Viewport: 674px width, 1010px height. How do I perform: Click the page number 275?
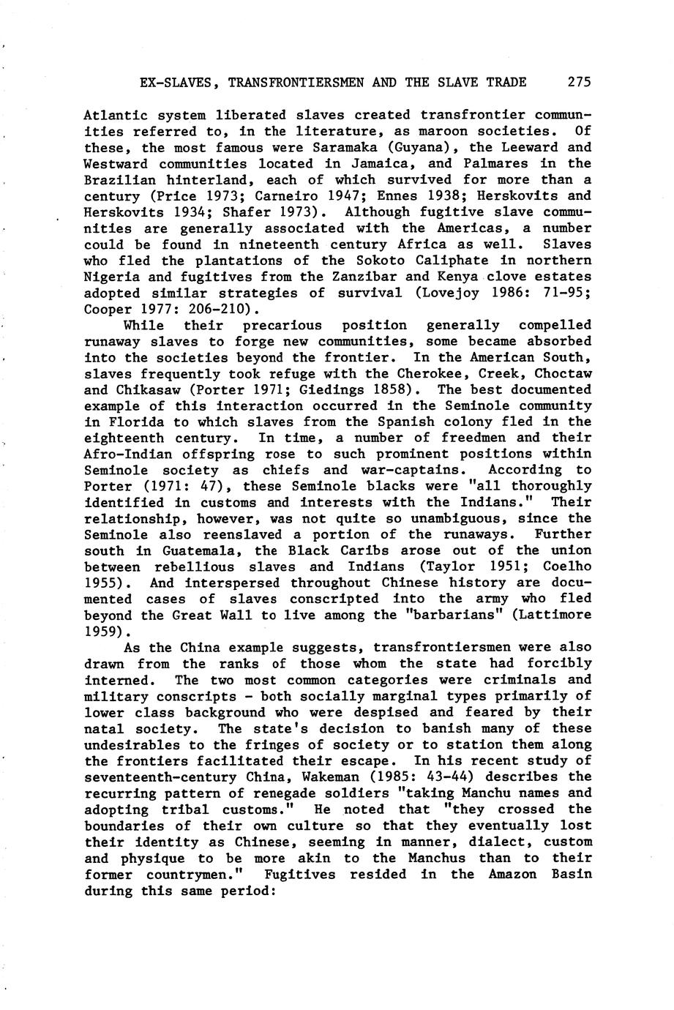point(579,82)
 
